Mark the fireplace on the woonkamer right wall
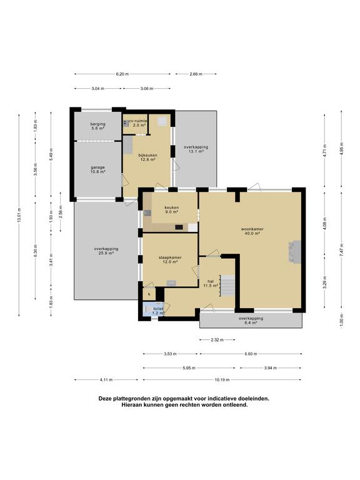click(294, 252)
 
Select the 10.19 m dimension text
click(222, 379)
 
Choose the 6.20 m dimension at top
click(122, 74)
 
